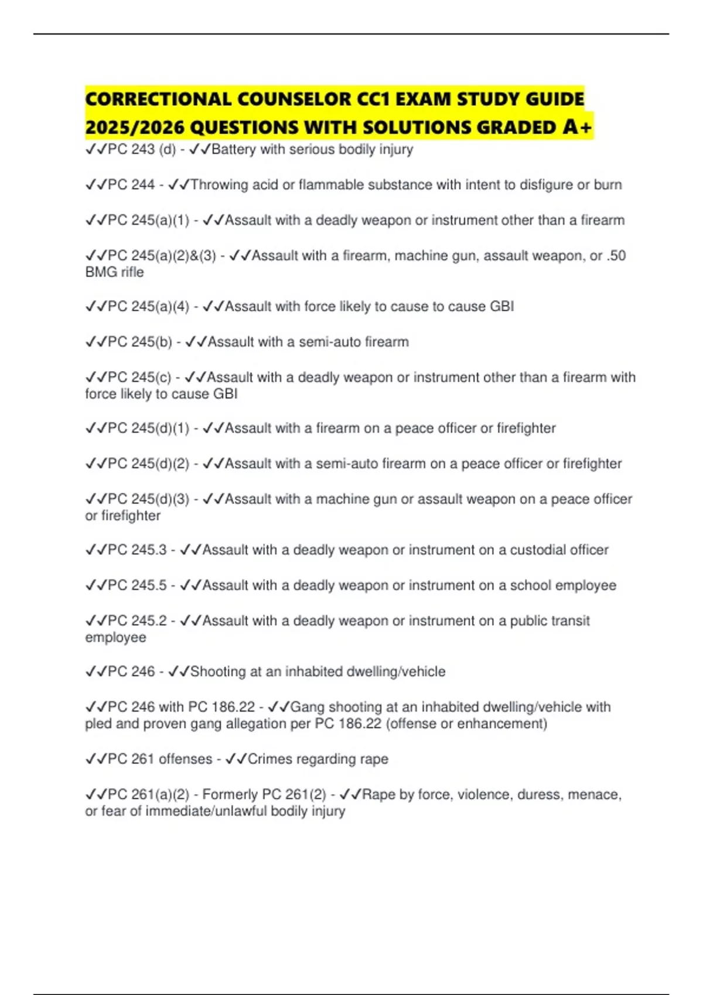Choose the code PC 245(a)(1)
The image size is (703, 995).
(x=149, y=221)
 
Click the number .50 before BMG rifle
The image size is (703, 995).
(x=616, y=256)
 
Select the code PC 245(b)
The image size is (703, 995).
(x=140, y=342)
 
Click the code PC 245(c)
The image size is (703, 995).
(x=139, y=378)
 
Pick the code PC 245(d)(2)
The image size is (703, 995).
(x=149, y=464)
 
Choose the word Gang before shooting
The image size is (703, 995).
(x=307, y=707)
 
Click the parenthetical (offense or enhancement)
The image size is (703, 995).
(x=466, y=724)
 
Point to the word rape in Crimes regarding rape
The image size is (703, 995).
(x=374, y=759)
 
